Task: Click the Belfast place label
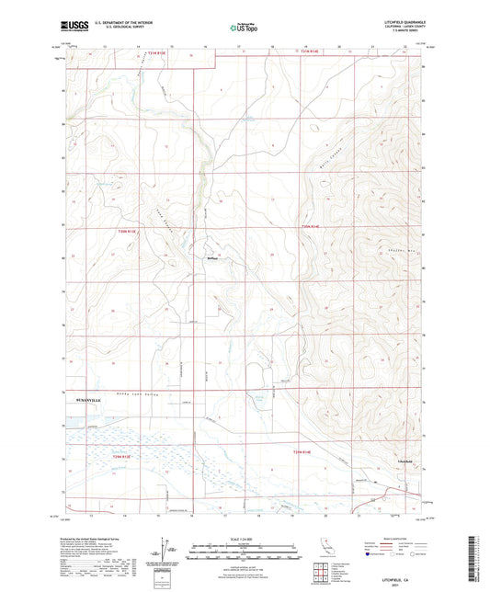(x=211, y=260)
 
